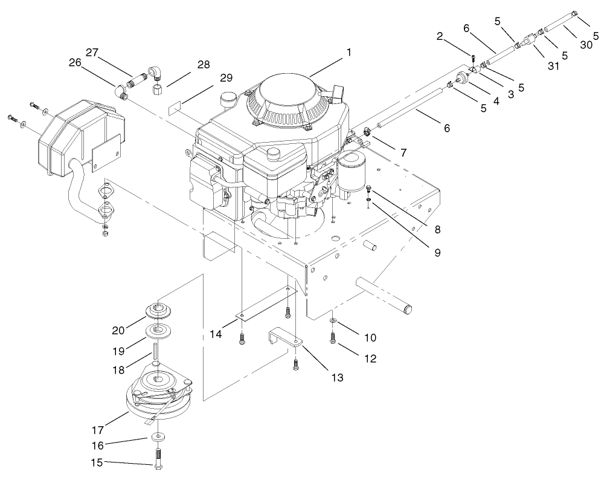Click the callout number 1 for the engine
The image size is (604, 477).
(x=349, y=53)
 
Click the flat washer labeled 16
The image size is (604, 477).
(x=158, y=435)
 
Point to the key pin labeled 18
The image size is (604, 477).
(x=156, y=352)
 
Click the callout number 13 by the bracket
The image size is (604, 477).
(x=336, y=378)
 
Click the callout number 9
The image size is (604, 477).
(x=436, y=251)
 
